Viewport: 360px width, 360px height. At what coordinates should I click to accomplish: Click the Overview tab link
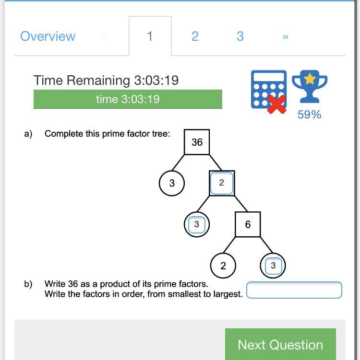[x=48, y=36]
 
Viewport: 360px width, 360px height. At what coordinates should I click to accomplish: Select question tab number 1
[x=150, y=36]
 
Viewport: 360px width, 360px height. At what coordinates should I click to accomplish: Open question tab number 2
[x=195, y=36]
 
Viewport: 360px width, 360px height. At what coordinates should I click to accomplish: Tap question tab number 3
[x=240, y=36]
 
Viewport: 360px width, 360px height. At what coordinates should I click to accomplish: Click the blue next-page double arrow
[x=286, y=37]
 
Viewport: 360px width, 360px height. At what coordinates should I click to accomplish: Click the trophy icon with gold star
[x=310, y=86]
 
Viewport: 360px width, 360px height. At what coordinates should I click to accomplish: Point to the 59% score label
[x=310, y=115]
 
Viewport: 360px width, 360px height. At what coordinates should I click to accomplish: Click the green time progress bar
[x=128, y=99]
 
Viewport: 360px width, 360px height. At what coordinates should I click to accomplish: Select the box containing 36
[x=197, y=142]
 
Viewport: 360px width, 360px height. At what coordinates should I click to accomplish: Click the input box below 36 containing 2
[x=222, y=183]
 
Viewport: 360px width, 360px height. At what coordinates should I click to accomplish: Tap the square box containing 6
[x=248, y=224]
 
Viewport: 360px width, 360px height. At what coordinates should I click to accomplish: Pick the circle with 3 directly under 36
[x=172, y=183]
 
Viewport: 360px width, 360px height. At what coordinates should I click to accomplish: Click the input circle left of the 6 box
[x=197, y=224]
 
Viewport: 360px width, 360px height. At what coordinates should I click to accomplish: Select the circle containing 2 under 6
[x=223, y=266]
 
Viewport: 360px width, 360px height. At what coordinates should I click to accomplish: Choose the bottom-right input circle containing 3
[x=273, y=266]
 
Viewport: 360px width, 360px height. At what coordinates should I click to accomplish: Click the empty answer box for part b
[x=294, y=290]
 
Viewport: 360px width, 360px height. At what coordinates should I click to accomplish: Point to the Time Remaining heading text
[x=106, y=81]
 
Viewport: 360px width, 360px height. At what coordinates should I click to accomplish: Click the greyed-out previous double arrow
[x=105, y=37]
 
